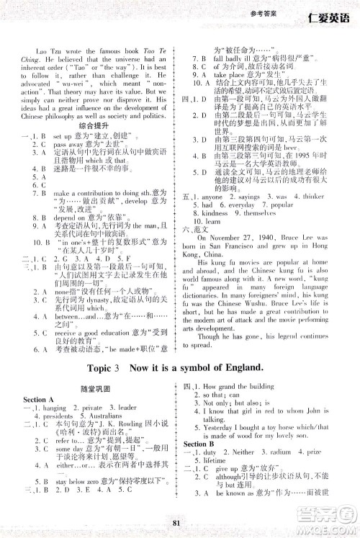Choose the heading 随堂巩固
pyautogui.click(x=94, y=388)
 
